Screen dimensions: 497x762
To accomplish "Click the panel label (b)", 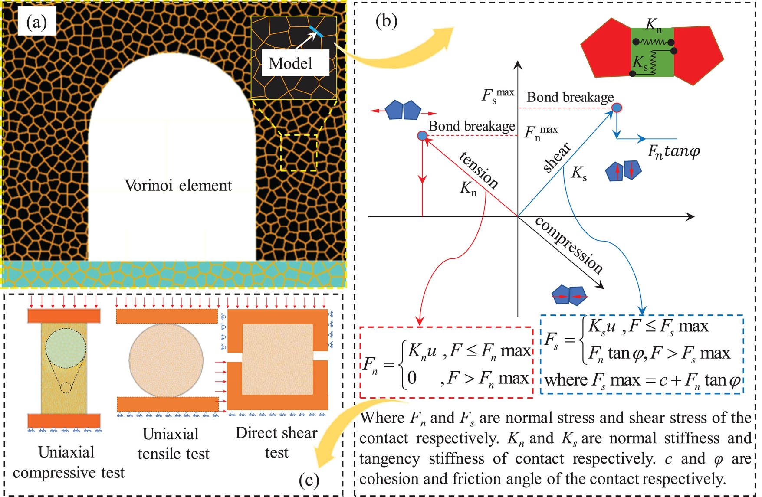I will [386, 21].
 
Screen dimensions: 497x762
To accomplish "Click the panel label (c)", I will [309, 480].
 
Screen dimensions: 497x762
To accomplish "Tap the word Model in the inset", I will [290, 64].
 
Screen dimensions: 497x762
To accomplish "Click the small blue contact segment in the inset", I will [316, 31].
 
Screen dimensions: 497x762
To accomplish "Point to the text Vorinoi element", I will [178, 186].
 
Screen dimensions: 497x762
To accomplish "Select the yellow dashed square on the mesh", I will [299, 152].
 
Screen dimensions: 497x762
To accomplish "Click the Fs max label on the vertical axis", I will [497, 95].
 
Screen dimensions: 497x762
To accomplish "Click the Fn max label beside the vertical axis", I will [540, 132].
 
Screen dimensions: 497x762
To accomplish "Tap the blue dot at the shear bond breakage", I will [617, 108].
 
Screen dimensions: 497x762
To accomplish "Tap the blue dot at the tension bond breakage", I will [422, 136].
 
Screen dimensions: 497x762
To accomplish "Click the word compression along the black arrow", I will [569, 245].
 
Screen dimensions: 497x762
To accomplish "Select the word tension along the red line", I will [479, 170].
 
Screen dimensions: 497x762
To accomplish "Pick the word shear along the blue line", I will [557, 157].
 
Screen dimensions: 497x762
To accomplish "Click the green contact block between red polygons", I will [652, 52].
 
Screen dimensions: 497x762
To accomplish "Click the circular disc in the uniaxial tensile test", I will [166, 360].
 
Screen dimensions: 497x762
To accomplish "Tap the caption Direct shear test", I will [276, 442].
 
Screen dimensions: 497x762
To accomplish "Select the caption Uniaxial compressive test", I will [68, 462].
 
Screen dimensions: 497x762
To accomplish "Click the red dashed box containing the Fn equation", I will [446, 363].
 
